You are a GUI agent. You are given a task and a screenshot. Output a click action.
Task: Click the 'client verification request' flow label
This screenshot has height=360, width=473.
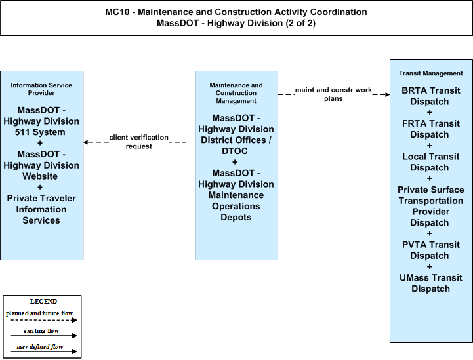click(x=139, y=142)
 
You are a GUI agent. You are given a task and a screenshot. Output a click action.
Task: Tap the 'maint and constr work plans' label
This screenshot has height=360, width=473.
click(x=333, y=94)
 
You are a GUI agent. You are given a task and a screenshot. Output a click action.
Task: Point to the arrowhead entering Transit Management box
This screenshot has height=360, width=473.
click(x=387, y=94)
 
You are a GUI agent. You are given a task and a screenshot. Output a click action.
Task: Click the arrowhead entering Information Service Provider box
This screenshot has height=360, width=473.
click(x=86, y=142)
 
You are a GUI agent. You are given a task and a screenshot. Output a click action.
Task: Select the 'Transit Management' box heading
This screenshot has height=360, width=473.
click(x=431, y=73)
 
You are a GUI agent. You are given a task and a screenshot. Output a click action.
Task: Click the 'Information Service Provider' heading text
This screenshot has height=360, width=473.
click(x=41, y=89)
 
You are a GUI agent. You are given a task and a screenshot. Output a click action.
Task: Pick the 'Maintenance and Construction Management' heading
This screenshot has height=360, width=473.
click(x=236, y=93)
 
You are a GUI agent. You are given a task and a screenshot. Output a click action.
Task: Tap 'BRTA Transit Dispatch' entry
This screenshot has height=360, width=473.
click(x=431, y=96)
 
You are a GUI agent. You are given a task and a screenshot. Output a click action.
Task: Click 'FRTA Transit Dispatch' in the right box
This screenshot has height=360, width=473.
click(x=431, y=129)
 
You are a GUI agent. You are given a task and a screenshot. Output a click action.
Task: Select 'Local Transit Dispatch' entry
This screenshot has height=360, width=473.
click(x=431, y=162)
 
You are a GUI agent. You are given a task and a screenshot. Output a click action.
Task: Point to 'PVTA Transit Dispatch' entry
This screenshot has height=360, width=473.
click(x=431, y=250)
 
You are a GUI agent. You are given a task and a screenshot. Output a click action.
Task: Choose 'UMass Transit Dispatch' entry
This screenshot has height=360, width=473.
click(x=431, y=283)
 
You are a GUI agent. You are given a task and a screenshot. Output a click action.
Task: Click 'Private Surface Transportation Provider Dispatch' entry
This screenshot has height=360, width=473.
click(x=431, y=206)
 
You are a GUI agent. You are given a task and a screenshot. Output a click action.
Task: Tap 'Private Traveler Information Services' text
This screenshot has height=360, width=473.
click(x=41, y=209)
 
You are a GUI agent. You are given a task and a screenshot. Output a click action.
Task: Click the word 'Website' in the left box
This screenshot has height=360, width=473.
click(x=40, y=176)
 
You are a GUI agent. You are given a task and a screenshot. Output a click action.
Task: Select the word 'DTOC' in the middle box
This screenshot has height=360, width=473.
click(x=235, y=151)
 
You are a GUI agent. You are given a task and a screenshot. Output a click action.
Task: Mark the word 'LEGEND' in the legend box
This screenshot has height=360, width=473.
click(x=43, y=302)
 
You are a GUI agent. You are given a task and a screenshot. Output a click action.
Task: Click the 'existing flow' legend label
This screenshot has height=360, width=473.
click(x=41, y=331)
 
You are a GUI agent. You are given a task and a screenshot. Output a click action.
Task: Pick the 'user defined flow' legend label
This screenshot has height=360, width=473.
click(x=40, y=347)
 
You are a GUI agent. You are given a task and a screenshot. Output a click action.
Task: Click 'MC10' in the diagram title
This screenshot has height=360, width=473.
click(x=117, y=12)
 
